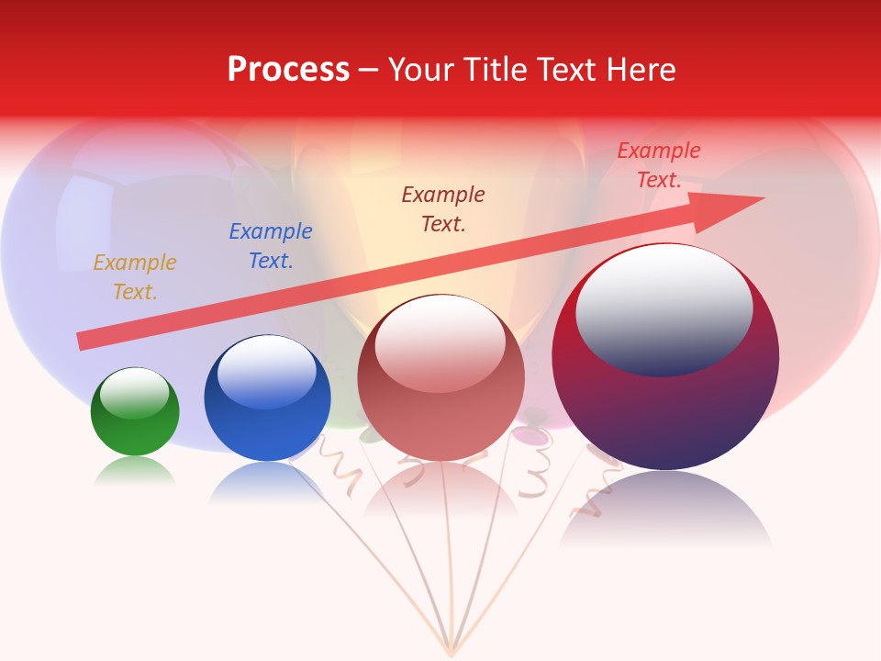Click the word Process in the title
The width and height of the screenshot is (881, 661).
coord(288,70)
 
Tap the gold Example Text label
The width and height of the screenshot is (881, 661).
coord(135,277)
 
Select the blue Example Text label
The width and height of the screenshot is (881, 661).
coord(271,246)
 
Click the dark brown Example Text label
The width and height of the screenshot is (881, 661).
coord(443,208)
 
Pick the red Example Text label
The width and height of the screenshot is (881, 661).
coord(659,165)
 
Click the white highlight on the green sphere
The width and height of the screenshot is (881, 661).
coord(135,393)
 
